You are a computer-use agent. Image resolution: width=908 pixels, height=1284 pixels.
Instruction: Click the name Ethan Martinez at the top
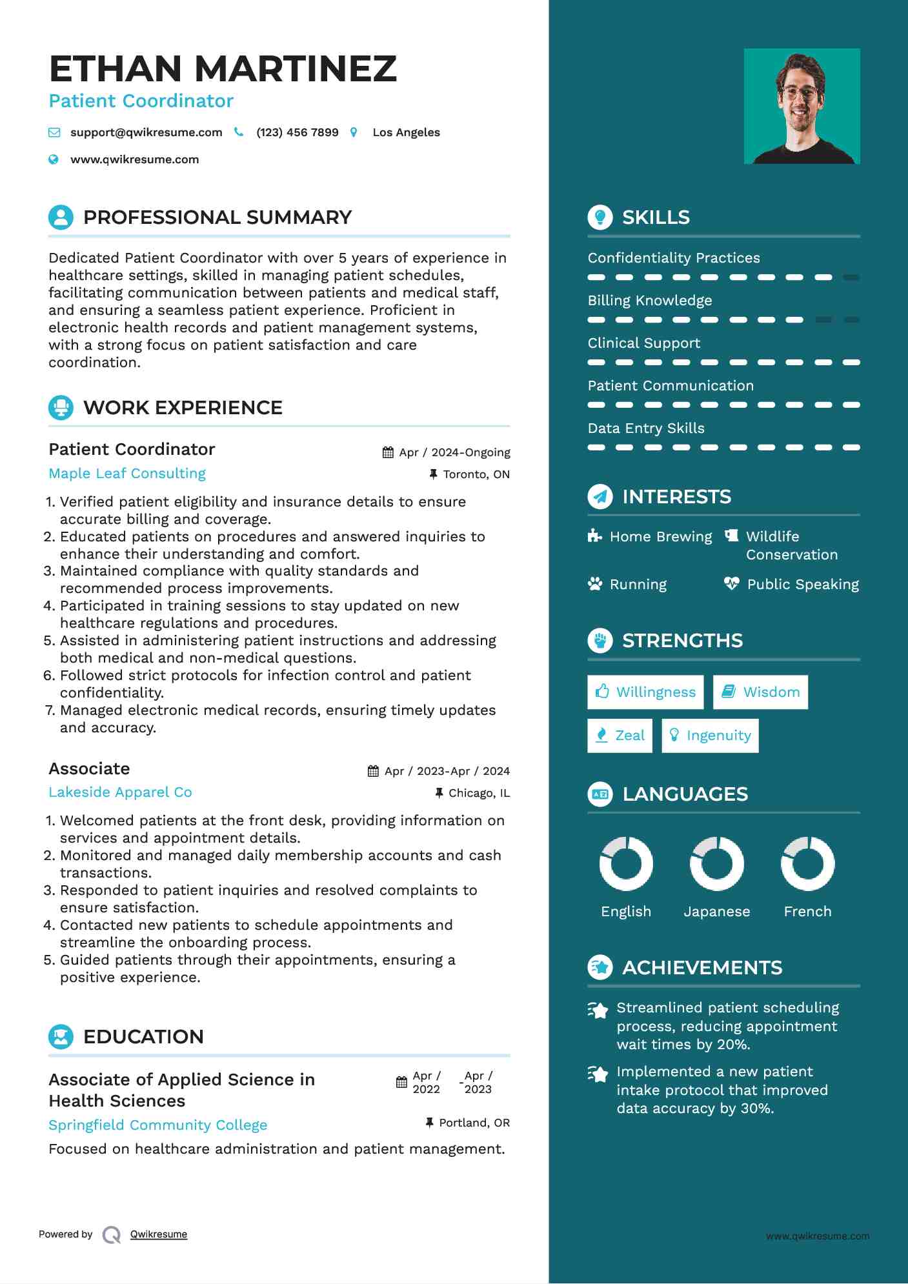223,68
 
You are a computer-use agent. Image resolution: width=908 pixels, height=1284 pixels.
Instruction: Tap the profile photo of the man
802,106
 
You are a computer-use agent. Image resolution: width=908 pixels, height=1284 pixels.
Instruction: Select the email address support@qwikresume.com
146,132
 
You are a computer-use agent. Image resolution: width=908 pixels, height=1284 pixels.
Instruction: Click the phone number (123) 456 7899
297,132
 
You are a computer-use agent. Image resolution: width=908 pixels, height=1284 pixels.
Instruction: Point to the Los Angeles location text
406,132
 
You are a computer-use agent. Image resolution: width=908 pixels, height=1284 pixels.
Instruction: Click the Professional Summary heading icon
61,217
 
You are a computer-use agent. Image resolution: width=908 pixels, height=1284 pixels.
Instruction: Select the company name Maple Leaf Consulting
127,474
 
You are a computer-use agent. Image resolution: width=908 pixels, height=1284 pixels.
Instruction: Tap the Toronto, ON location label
476,474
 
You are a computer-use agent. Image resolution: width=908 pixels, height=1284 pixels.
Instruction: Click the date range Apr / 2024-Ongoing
454,452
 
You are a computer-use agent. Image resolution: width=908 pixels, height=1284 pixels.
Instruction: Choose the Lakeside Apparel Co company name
120,792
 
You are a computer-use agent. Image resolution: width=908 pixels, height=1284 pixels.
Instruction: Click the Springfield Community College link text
157,1125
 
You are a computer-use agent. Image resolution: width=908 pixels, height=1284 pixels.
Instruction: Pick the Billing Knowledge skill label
650,301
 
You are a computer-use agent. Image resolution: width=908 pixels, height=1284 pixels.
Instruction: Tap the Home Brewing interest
661,537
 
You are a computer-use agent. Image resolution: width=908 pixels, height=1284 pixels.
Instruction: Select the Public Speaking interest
803,585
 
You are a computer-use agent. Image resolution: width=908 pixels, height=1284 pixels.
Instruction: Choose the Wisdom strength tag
761,692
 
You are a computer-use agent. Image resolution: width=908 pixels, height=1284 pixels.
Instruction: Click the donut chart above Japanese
717,863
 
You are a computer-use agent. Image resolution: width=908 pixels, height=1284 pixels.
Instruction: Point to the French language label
807,912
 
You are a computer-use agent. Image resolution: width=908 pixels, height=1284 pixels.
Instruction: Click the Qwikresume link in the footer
159,1234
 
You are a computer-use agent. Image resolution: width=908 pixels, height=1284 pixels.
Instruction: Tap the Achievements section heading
702,968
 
